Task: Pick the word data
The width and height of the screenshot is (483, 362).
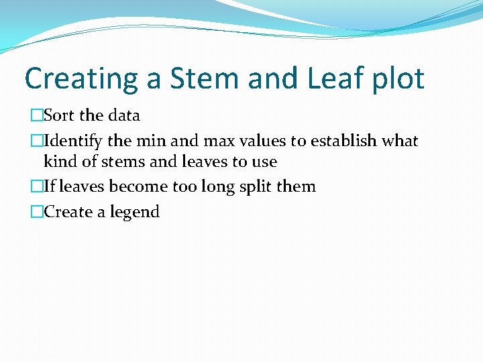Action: click(123, 115)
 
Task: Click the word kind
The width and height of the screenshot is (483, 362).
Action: click(59, 162)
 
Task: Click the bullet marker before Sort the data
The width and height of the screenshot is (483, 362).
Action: click(36, 116)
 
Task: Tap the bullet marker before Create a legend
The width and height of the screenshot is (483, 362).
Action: click(36, 213)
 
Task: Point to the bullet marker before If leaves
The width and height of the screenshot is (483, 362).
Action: click(36, 187)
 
